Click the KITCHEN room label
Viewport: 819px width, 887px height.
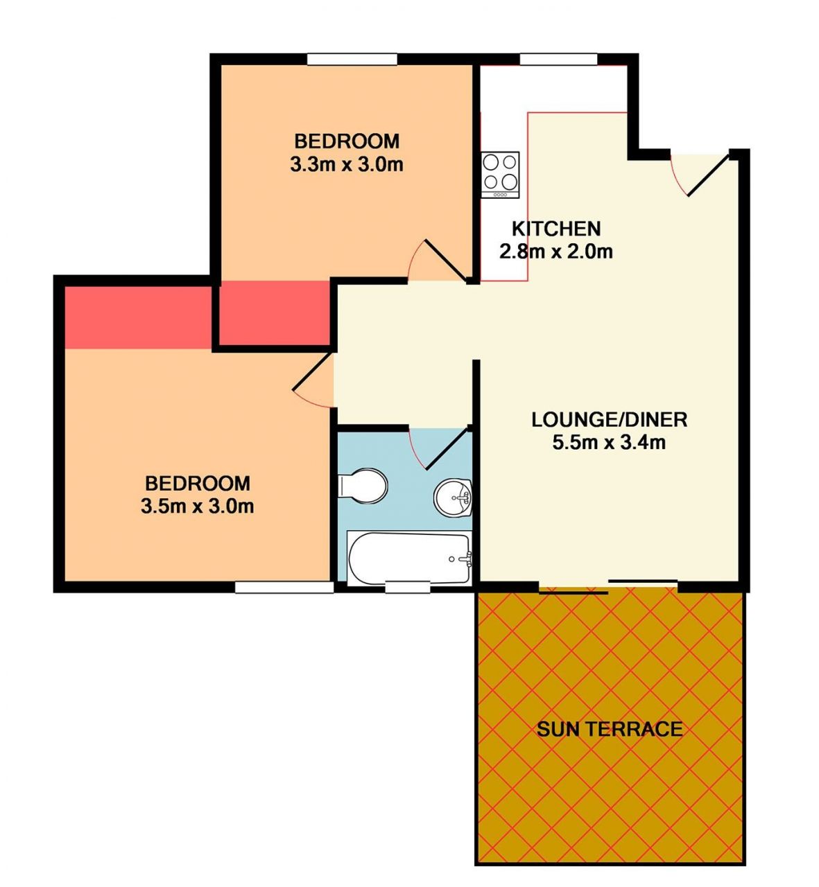coord(556,229)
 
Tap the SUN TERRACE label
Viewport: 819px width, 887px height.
coord(610,729)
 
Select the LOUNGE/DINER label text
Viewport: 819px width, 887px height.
coord(610,420)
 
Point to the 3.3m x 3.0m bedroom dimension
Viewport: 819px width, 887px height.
coord(347,165)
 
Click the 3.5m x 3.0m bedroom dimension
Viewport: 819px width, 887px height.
coord(197,507)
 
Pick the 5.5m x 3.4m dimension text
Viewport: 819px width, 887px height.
coord(610,443)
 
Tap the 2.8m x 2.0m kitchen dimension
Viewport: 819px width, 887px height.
coord(555,252)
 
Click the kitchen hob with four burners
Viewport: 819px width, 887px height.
coord(500,175)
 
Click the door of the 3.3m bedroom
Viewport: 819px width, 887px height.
coord(438,261)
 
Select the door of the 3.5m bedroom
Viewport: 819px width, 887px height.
coord(313,380)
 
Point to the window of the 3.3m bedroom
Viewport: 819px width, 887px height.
coord(352,59)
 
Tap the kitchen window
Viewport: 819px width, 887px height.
coord(558,59)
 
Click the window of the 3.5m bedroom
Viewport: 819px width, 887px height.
coord(284,588)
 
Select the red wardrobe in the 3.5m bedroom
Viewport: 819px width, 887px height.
coord(138,317)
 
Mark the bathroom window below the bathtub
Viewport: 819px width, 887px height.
coord(408,588)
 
